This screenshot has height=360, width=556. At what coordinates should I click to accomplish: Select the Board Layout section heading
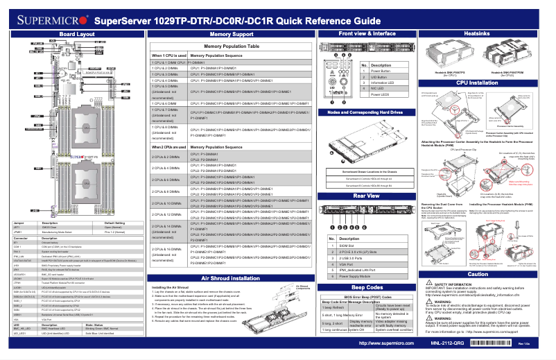(x=76, y=33)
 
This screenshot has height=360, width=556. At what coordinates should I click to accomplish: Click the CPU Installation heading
(x=477, y=83)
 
